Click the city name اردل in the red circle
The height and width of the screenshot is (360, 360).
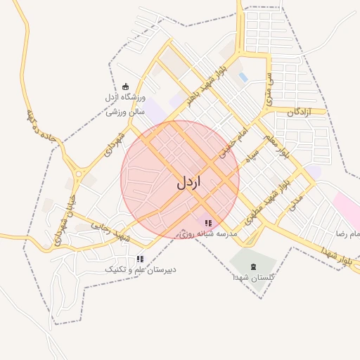point(188,182)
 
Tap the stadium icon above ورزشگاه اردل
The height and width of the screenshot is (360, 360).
point(126,86)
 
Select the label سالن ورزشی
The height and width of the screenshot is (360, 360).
point(126,111)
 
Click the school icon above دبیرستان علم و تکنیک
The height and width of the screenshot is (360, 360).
point(141,259)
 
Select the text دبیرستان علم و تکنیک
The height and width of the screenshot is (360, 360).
point(141,269)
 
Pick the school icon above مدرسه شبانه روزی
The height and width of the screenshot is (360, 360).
point(208,223)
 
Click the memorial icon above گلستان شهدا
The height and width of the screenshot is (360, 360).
point(253,266)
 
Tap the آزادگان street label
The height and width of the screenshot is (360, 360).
point(300,112)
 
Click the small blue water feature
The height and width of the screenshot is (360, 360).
point(243,77)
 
